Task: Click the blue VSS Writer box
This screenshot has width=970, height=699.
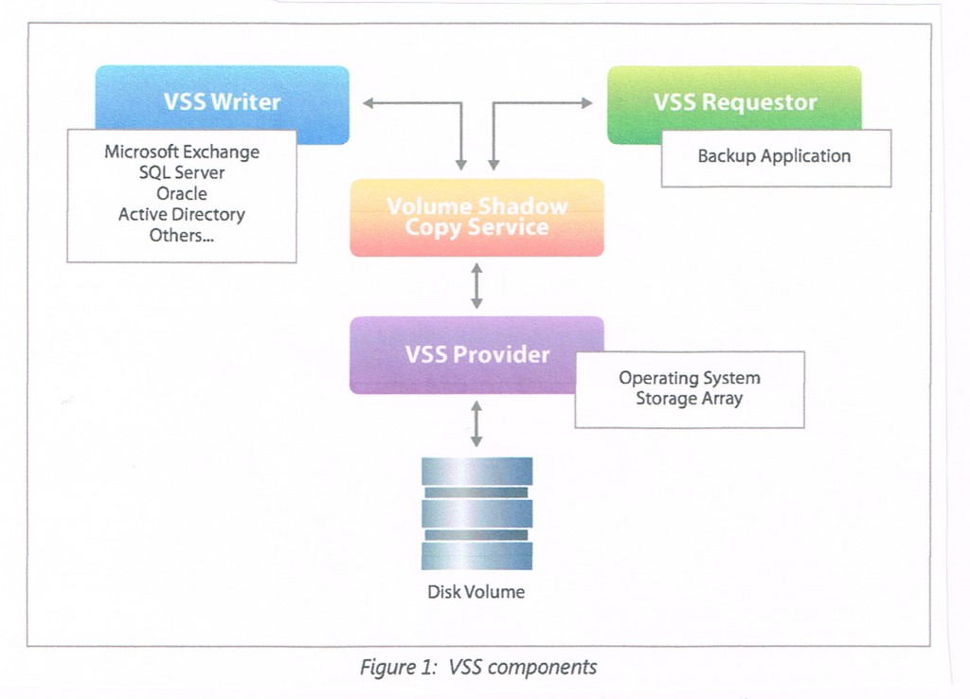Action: click(x=222, y=102)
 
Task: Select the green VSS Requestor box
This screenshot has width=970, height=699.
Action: click(x=734, y=102)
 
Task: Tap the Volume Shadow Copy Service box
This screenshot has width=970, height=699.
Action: click(x=476, y=217)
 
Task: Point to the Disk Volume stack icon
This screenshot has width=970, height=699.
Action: click(x=476, y=513)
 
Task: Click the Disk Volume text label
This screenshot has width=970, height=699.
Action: click(x=476, y=593)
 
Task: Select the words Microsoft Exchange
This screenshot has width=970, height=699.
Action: click(x=182, y=152)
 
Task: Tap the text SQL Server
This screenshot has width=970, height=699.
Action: click(x=182, y=172)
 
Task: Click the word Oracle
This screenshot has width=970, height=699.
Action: click(x=182, y=193)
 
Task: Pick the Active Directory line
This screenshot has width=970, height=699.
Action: click(x=182, y=215)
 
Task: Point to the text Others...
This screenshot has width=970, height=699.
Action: click(x=180, y=236)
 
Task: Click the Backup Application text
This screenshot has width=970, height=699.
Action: click(x=774, y=156)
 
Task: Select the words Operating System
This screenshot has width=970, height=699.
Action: click(x=689, y=378)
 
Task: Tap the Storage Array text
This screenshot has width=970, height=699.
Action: click(x=689, y=399)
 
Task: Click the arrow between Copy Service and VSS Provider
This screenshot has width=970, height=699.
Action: click(x=476, y=286)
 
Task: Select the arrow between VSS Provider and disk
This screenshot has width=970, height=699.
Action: click(x=476, y=422)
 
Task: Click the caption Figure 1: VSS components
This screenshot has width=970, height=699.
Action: click(x=478, y=667)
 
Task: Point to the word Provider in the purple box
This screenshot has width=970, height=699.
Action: click(x=501, y=355)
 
